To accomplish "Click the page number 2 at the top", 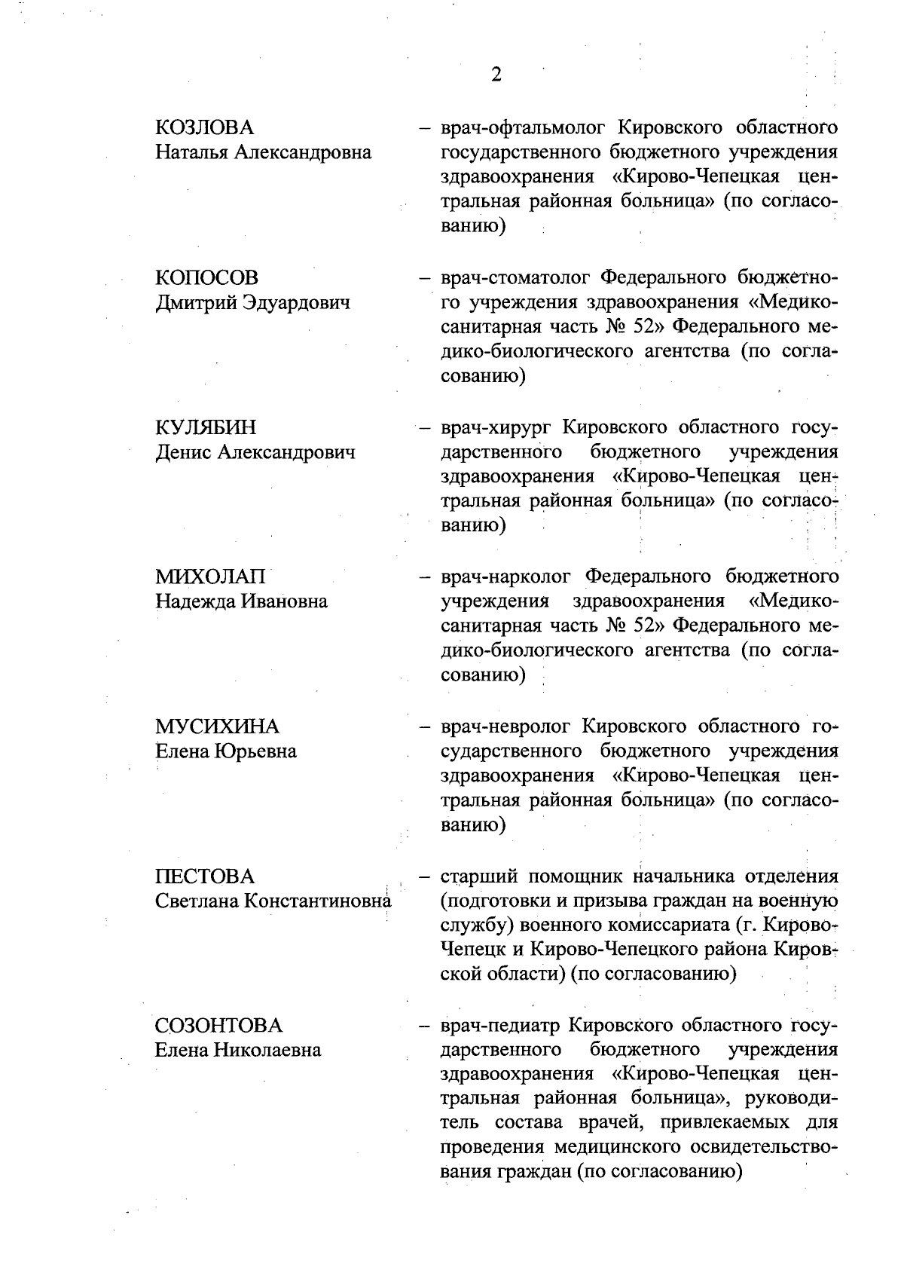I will pos(496,74).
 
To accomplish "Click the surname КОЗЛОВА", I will pos(204,127).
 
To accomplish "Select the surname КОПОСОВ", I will pos(206,277).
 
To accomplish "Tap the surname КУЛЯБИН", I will pos(206,427).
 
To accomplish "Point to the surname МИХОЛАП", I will pos(210,577).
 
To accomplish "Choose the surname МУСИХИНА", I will pos(217,727).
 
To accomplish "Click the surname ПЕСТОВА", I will pos(205,877).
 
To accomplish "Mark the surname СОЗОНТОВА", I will pos(218,1026).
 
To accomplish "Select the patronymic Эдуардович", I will pos(295,303).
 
